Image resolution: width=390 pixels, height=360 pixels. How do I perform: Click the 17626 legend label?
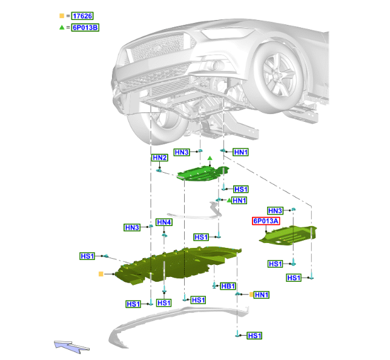tap(82, 16)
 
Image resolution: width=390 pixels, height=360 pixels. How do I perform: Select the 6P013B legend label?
tap(85, 27)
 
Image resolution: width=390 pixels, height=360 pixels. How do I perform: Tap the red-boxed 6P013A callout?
tap(266, 221)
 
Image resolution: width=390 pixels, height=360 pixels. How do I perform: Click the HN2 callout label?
tap(160, 158)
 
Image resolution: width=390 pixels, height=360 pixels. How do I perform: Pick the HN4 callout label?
tap(164, 222)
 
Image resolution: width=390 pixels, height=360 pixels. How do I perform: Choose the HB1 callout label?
tap(228, 286)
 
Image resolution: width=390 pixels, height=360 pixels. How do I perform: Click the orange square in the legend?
tap(62, 16)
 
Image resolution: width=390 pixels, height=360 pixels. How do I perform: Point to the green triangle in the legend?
tap(62, 27)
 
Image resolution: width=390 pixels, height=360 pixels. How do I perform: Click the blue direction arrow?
tap(71, 347)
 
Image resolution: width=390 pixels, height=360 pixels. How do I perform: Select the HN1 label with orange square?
tap(262, 295)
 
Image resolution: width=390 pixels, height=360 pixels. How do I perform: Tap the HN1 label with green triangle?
tap(239, 201)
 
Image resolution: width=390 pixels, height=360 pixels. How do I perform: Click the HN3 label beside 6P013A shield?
tap(275, 211)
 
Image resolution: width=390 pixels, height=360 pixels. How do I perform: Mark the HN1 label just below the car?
tap(241, 152)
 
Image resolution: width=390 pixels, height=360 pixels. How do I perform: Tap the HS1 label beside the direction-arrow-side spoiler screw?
tap(255, 336)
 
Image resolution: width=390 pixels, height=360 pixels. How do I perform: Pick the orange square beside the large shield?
tap(101, 274)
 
